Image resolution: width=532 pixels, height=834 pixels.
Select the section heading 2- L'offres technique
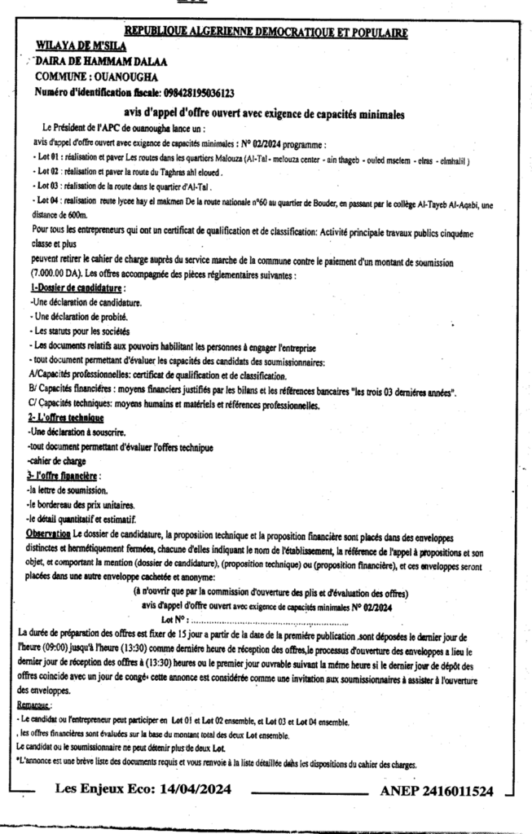65,417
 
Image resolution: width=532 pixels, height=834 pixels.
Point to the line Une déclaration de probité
76,315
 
